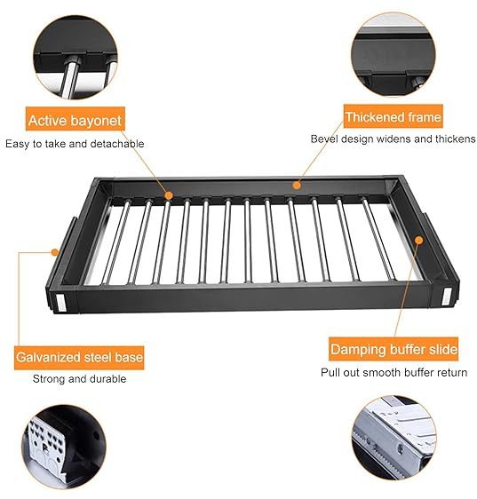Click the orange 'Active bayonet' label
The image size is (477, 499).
(x=76, y=119)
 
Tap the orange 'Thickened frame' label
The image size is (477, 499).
(x=393, y=116)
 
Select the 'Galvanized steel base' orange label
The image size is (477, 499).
(x=79, y=358)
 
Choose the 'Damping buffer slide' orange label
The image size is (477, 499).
(x=394, y=349)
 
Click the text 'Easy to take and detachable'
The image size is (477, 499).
(x=75, y=144)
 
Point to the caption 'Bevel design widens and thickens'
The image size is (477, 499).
(x=393, y=139)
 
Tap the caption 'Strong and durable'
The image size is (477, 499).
(x=79, y=379)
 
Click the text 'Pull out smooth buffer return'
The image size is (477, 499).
(x=394, y=372)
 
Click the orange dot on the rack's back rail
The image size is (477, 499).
(x=297, y=185)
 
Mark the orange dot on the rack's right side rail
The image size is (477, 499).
(x=419, y=241)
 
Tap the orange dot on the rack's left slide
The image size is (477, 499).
(x=55, y=252)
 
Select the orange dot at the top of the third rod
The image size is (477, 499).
(x=169, y=195)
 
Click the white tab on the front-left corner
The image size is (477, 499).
(x=61, y=303)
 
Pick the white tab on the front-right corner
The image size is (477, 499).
(x=447, y=296)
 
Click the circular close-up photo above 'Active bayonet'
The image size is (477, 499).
(x=76, y=58)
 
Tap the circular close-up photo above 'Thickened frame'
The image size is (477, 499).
(x=393, y=54)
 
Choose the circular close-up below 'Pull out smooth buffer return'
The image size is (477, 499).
(x=394, y=439)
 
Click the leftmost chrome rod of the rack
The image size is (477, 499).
(x=115, y=242)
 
